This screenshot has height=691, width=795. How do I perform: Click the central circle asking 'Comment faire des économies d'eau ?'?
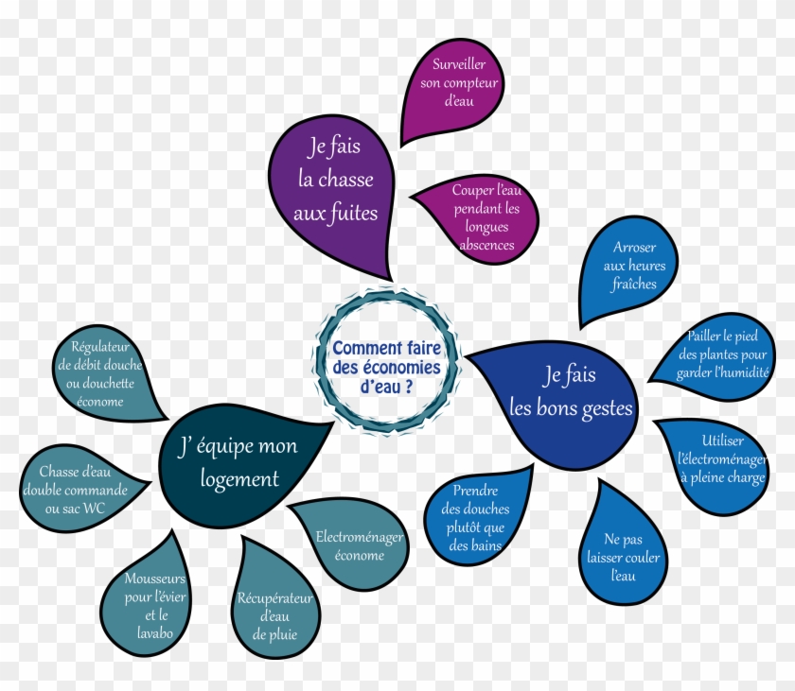[x=386, y=360]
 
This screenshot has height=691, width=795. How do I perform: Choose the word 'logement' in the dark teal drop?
[x=239, y=479]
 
